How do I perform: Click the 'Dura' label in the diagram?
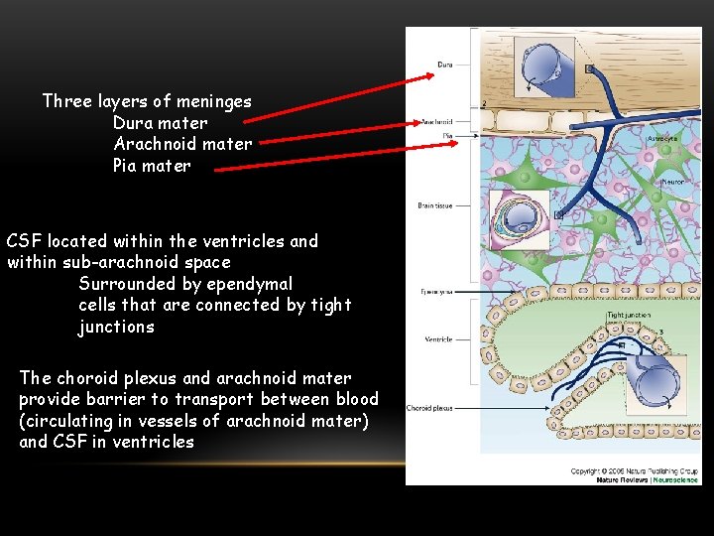445,66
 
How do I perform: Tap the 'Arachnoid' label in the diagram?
437,122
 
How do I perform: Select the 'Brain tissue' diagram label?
434,205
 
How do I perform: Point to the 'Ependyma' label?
436,293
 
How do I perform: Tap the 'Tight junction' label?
629,316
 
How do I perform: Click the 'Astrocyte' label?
663,139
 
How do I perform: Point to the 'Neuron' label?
674,183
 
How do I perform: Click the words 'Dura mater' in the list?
160,123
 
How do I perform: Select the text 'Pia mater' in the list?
152,166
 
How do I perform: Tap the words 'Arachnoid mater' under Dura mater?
182,144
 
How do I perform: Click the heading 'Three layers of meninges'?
147,101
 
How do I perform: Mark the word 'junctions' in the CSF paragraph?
116,327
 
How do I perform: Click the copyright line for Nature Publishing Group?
633,470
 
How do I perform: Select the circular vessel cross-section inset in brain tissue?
522,215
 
